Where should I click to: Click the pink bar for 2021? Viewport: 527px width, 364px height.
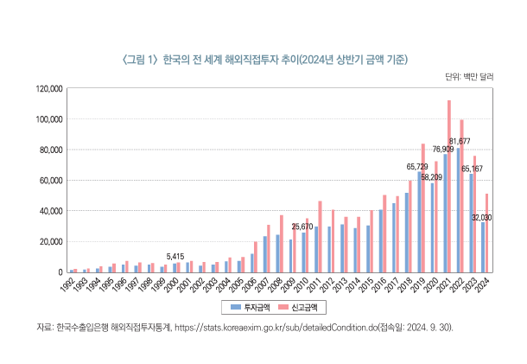(449, 186)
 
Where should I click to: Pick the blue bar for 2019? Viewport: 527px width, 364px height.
(420, 221)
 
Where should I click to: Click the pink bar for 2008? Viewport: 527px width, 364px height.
(281, 243)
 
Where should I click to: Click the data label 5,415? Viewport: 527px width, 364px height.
(175, 257)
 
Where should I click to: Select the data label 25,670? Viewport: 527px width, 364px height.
(302, 227)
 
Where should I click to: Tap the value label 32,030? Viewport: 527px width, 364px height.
(482, 217)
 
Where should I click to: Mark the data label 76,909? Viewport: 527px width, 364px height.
(443, 149)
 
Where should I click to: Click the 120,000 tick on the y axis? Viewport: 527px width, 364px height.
(48, 88)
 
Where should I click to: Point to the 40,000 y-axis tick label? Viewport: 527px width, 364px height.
(49, 211)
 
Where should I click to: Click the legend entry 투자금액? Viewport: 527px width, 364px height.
(252, 306)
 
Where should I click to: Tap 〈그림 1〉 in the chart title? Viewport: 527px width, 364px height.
(137, 59)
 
